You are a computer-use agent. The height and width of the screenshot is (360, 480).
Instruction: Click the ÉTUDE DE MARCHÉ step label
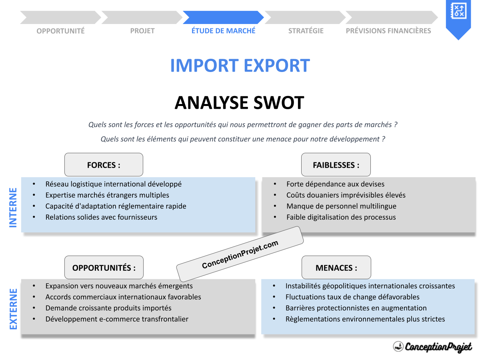(223, 31)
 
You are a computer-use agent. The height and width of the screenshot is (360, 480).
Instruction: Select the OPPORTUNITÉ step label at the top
(60, 31)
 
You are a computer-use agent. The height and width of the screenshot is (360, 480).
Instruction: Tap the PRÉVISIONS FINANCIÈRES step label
(388, 31)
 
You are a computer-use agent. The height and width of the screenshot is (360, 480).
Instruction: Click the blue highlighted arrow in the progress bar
(223, 18)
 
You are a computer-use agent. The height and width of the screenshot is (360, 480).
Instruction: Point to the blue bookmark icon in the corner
(458, 18)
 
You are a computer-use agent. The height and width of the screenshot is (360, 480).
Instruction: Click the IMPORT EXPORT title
(240, 66)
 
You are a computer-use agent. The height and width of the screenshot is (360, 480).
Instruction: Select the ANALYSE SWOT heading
(239, 103)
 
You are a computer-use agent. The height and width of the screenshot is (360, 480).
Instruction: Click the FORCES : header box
(104, 165)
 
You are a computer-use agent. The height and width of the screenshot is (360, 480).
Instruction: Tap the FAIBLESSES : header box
(336, 165)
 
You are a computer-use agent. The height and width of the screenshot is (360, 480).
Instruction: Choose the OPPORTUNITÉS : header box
(104, 268)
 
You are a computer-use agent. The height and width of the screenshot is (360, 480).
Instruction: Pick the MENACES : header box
(336, 268)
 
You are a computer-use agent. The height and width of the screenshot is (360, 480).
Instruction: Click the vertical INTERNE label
(13, 208)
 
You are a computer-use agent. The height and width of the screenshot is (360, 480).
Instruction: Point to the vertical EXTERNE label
(13, 309)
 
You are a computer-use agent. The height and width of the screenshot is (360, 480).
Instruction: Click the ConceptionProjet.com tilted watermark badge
(240, 254)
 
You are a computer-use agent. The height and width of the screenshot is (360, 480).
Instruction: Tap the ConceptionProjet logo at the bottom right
(432, 346)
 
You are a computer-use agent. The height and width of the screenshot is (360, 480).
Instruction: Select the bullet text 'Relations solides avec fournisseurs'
(101, 217)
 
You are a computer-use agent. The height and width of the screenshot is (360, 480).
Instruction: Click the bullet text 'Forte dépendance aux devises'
(335, 184)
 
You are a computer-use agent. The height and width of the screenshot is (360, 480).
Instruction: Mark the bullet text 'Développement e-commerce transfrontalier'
(117, 319)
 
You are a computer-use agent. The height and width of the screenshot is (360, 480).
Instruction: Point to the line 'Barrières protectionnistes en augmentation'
(356, 308)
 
